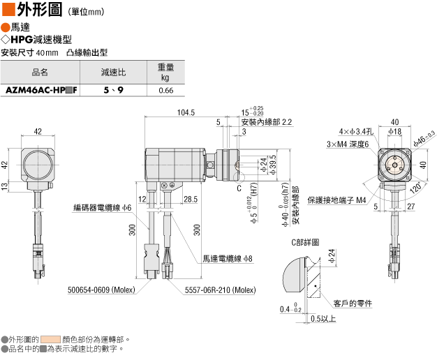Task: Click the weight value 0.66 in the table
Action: tap(166, 90)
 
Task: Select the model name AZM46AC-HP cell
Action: tap(41, 90)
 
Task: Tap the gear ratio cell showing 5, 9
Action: tap(113, 90)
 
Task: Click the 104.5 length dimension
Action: tap(186, 112)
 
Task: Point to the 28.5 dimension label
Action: tap(191, 200)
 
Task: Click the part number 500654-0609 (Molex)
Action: tap(101, 290)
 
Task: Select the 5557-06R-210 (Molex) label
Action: tap(220, 290)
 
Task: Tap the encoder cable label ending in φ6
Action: tap(103, 208)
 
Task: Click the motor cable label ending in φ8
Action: tap(228, 259)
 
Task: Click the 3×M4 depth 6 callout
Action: tap(348, 144)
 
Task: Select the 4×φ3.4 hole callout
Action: tap(356, 131)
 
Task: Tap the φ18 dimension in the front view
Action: tap(395, 131)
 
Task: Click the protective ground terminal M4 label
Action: tap(336, 200)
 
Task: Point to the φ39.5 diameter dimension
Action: tap(273, 165)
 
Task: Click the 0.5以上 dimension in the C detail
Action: tap(323, 318)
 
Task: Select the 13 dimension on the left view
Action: tap(4, 186)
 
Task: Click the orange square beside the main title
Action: tap(8, 9)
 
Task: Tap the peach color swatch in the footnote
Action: tap(50, 339)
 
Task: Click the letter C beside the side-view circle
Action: tap(239, 188)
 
